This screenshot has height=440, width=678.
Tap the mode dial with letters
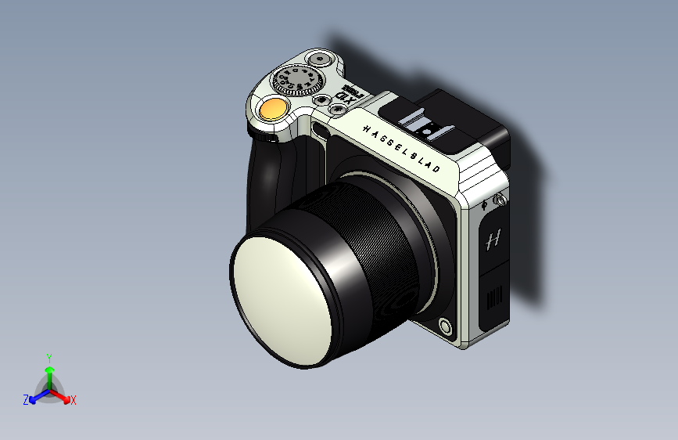click(x=298, y=81)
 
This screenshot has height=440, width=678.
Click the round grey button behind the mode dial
click(x=319, y=60)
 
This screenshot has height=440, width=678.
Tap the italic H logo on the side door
click(x=493, y=240)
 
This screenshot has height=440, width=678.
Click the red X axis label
click(x=74, y=400)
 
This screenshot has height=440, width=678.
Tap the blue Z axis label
click(x=26, y=400)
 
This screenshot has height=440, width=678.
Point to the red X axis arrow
click(x=62, y=396)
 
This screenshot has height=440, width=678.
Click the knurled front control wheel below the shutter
click(x=266, y=136)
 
